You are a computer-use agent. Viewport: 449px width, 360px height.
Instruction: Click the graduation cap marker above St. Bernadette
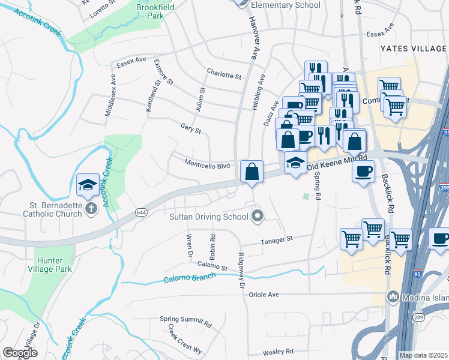87,184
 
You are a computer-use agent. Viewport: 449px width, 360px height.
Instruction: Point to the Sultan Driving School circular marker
258,216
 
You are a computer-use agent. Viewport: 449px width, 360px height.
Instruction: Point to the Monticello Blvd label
207,165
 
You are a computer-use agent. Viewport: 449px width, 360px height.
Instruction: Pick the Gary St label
191,128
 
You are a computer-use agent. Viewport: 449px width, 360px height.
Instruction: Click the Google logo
20,352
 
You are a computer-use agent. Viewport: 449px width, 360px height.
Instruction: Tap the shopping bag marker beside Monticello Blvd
251,172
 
